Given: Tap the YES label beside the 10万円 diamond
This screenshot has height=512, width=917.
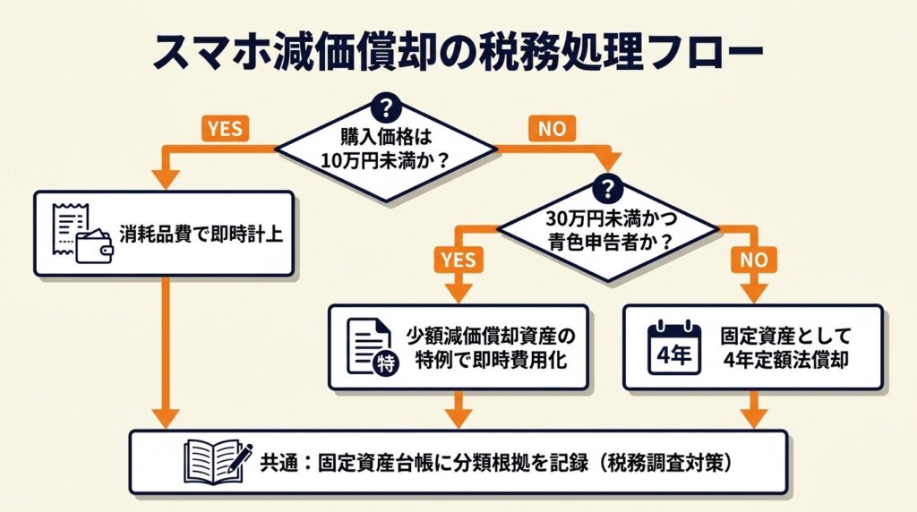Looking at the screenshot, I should pos(224,128).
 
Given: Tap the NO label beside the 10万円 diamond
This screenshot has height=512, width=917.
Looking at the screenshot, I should pos(553,129).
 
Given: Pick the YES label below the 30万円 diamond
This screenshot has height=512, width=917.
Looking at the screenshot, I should pos(458,260).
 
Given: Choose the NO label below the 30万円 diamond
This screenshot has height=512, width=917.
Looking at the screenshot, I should pos(752,260).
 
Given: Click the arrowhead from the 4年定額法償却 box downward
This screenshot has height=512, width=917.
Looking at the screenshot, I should pos(752,417).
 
